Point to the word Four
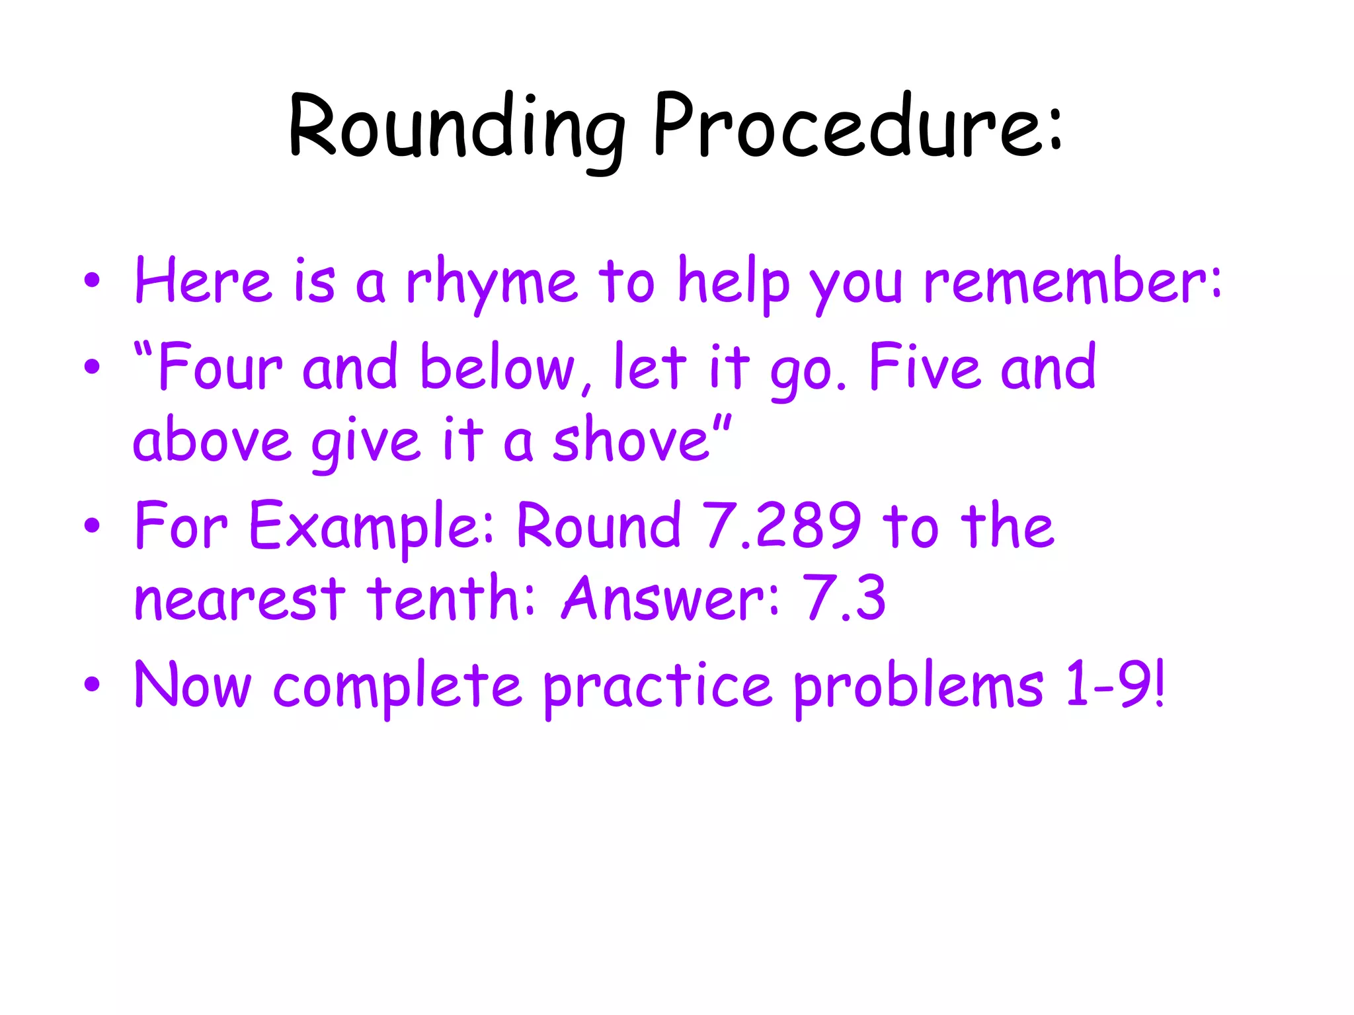coord(221,367)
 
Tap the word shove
coord(632,440)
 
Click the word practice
coord(657,687)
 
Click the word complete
coord(397,687)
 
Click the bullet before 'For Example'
coord(92,526)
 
